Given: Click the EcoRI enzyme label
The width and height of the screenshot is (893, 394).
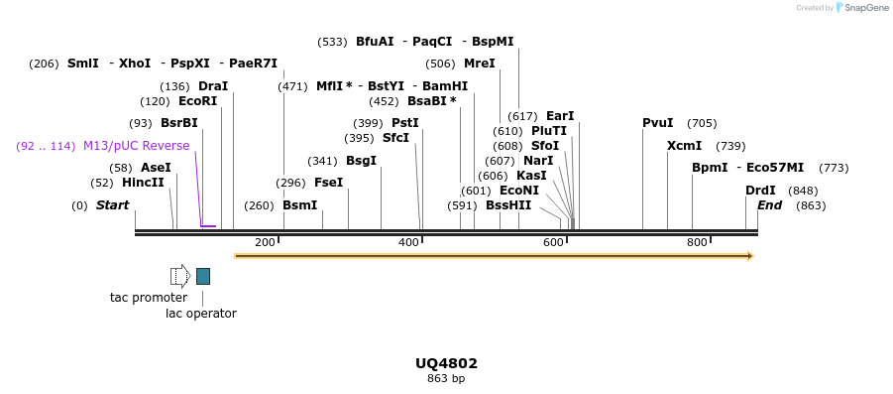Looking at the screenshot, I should pos(197,101).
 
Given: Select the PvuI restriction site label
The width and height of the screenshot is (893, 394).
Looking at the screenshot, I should pos(657,123).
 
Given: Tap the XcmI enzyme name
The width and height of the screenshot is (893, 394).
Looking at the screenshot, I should pos(684,146).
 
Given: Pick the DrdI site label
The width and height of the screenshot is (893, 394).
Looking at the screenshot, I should pos(760,191).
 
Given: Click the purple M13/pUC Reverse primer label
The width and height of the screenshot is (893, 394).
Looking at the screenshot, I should pos(136,146).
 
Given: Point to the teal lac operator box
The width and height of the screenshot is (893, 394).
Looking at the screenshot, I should pos(202,276).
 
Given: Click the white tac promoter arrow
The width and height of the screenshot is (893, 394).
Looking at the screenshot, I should pos(179,276).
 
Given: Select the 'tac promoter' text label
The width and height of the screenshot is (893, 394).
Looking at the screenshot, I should pos(149,298).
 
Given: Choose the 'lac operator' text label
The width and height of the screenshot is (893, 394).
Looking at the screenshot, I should pos(201,314).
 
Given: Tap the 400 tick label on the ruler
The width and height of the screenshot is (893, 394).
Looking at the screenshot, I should pos(408,243).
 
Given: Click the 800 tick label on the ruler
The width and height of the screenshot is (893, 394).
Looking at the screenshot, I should pos(697,243).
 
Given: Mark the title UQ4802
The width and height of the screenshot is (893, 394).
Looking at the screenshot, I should pos(446,363).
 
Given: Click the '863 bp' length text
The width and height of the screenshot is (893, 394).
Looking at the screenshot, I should pos(446,378).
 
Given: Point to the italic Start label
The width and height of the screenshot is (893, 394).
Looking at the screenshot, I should pos(112,205).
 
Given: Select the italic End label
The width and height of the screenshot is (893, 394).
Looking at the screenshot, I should pos(769,205).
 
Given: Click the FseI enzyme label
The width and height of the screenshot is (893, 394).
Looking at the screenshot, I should pos(328,183).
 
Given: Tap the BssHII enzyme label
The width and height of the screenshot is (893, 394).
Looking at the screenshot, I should pos(508,205).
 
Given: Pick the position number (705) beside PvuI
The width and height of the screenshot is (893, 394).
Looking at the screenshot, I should pos(702,123).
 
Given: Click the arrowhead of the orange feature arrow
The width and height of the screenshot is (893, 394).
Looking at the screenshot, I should pos(749,256).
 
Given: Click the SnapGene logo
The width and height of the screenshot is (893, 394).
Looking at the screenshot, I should pos(861,8).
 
